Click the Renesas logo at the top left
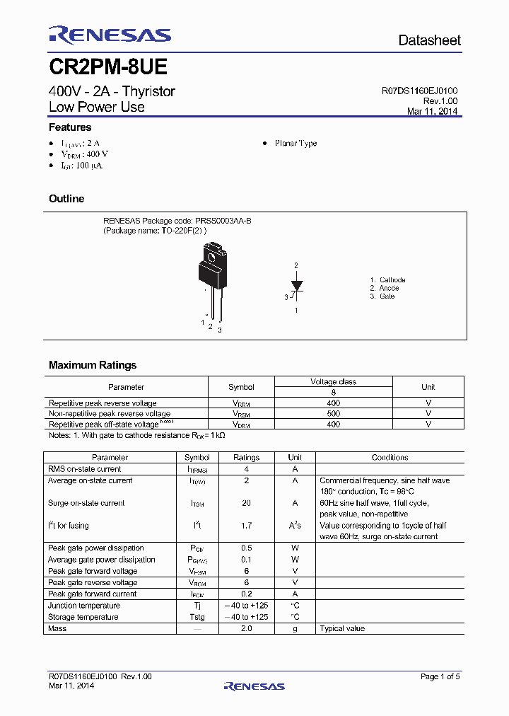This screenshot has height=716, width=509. coord(110,35)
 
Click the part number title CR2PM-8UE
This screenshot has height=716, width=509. coord(107,67)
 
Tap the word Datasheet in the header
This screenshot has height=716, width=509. coord(429,40)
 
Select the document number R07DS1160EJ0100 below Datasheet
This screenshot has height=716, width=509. coord(419,91)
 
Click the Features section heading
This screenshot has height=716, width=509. coord(70,127)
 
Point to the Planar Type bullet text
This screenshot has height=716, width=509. coord(296,143)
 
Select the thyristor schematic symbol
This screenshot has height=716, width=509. coord(297,287)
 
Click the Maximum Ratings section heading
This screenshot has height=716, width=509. coord(93,365)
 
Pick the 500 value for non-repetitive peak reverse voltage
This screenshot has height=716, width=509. coord(333,413)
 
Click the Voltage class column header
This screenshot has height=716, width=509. coord(333,381)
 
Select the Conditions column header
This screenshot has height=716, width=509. coord(390,458)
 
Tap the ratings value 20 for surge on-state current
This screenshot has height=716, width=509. coord(246,503)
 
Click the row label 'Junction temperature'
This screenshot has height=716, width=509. coord(83,606)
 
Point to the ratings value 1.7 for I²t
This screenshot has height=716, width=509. coord(246,526)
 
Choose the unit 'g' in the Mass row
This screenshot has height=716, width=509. coord(295,628)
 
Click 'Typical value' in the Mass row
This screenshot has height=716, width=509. coord(342,628)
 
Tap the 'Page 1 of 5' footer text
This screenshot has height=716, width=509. coord(440,676)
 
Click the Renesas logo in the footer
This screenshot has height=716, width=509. coord(254,686)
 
